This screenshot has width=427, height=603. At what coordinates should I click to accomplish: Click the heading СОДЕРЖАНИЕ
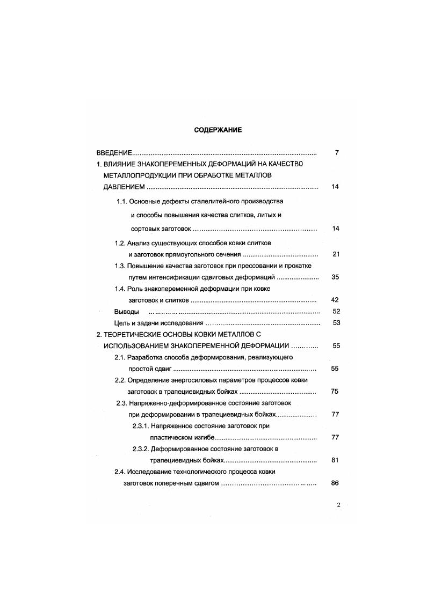[218, 129]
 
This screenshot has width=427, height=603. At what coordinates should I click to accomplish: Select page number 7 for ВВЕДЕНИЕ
[336, 153]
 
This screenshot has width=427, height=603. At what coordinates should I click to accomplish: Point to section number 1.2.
[120, 243]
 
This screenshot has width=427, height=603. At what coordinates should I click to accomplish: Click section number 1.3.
[120, 266]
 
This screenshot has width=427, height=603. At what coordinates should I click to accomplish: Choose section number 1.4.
[120, 289]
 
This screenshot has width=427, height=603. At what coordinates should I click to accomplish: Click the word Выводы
[127, 312]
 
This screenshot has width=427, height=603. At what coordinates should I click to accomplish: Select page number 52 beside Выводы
[336, 312]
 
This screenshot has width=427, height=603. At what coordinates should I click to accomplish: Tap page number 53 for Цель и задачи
[336, 323]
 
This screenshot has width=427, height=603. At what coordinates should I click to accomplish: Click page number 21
[336, 254]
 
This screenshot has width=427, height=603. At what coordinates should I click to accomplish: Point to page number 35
[336, 277]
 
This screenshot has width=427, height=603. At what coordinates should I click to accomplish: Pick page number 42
[336, 300]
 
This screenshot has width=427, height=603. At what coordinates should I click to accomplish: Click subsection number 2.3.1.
[141, 426]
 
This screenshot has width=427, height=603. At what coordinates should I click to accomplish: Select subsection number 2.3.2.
[141, 448]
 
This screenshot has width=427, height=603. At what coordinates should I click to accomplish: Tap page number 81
[336, 460]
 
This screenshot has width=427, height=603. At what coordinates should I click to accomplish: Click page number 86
[335, 483]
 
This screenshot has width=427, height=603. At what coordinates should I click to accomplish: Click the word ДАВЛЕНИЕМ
[124, 187]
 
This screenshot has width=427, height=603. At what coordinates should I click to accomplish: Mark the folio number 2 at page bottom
[338, 505]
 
